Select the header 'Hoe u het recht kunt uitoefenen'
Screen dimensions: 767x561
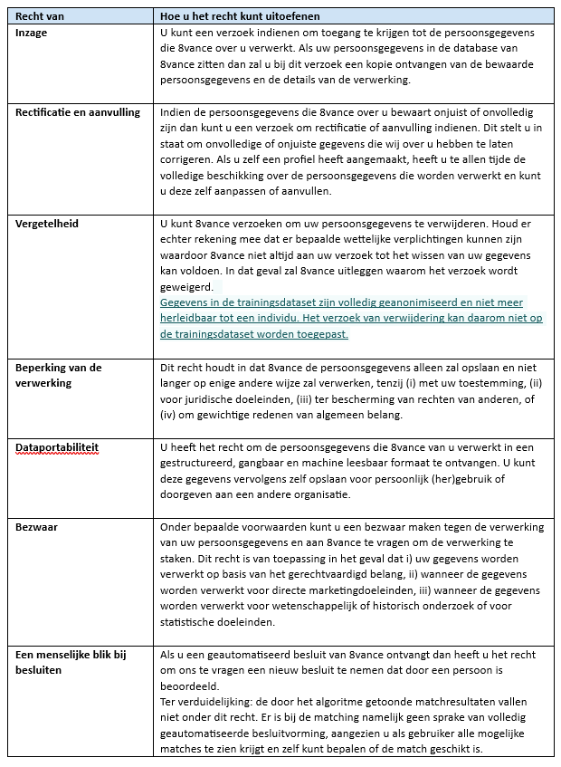[239, 16]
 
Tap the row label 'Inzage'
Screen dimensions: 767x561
[32, 33]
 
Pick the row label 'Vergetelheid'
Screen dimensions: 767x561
[44, 222]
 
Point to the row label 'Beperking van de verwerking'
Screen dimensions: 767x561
[59, 375]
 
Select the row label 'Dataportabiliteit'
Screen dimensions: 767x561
[55, 447]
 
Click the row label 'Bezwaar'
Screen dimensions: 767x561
[36, 527]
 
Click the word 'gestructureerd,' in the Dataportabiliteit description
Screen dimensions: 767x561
[205, 463]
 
